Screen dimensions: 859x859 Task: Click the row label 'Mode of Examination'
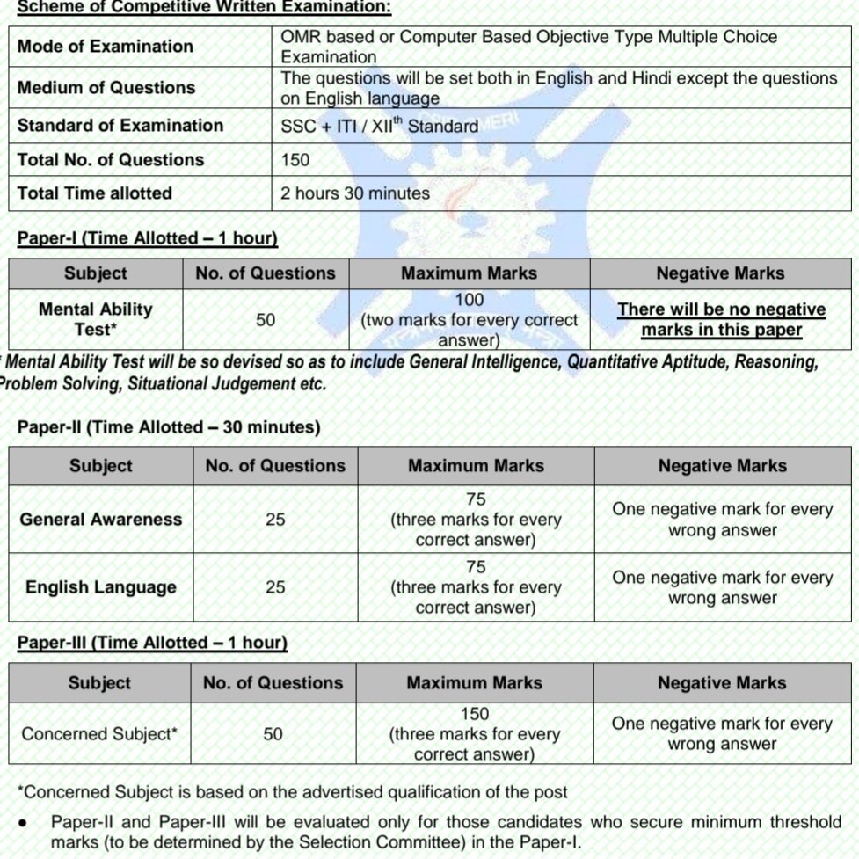tap(106, 47)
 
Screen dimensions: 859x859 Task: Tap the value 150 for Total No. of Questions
tap(295, 160)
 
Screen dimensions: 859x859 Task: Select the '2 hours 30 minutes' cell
tap(355, 193)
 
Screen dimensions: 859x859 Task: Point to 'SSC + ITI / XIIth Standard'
tap(379, 126)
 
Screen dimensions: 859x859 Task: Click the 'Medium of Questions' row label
tap(106, 88)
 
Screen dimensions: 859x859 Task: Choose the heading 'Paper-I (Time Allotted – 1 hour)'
tap(148, 238)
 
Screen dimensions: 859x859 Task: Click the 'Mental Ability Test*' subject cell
tap(95, 319)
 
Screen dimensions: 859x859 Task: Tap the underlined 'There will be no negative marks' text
tap(721, 320)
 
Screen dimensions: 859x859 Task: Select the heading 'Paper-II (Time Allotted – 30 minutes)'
tap(169, 427)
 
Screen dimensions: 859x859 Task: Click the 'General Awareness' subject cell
tap(101, 520)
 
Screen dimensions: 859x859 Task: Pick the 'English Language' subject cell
tap(101, 587)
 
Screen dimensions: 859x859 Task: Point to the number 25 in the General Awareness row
tap(275, 520)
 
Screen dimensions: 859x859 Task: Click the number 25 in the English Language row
tap(275, 587)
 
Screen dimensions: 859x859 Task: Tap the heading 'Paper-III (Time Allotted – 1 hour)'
tap(153, 643)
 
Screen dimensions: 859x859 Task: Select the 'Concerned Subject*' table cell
tap(99, 733)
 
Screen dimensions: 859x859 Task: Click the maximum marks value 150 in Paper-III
tap(474, 715)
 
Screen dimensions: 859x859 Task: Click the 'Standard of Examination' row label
tap(120, 126)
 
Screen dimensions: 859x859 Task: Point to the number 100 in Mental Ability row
tap(469, 301)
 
